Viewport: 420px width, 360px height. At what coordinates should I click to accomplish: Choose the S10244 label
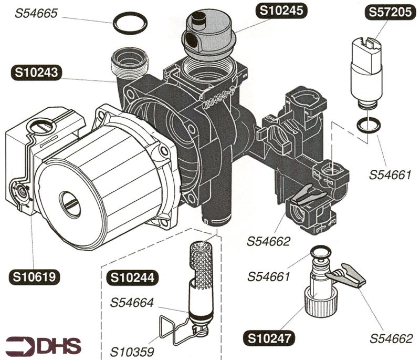(130, 278)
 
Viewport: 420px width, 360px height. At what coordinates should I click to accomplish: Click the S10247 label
(268, 336)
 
